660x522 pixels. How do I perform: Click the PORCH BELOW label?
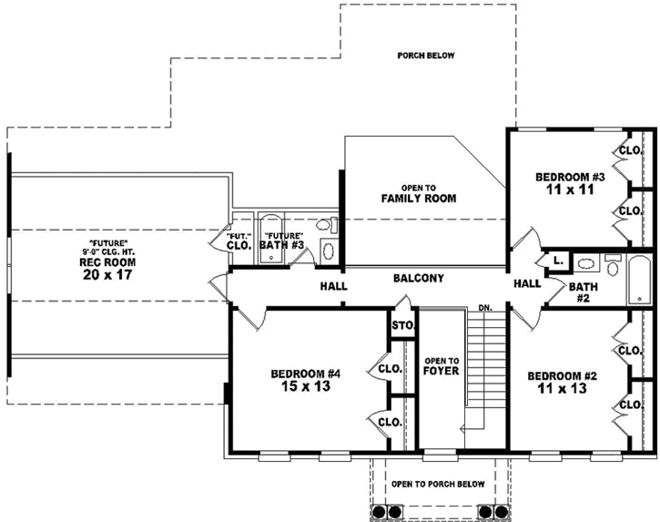click(425, 56)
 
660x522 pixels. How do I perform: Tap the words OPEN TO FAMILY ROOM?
click(418, 193)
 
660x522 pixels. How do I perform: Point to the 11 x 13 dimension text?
click(561, 388)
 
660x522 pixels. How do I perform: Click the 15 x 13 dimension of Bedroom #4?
click(305, 386)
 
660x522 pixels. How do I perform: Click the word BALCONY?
click(418, 278)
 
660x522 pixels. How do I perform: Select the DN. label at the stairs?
click(485, 308)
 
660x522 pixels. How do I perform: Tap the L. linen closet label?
click(558, 261)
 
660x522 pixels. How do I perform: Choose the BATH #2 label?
click(583, 292)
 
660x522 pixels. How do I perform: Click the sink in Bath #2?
click(588, 267)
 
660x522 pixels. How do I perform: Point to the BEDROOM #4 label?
click(305, 374)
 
